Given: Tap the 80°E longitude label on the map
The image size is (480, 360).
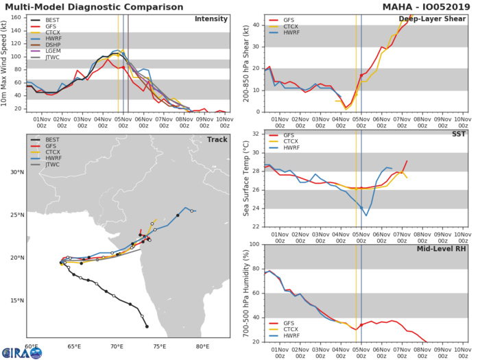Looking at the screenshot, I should tap(202, 346).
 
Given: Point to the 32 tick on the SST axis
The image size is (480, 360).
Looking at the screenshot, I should tap(255, 134).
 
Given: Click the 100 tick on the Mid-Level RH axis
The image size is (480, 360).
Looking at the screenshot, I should tap(253, 244).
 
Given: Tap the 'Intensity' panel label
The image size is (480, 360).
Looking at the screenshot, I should tap(211, 19).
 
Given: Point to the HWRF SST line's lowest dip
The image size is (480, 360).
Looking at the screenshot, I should tap(366, 216).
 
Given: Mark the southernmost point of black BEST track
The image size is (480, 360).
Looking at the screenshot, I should tap(147, 326).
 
